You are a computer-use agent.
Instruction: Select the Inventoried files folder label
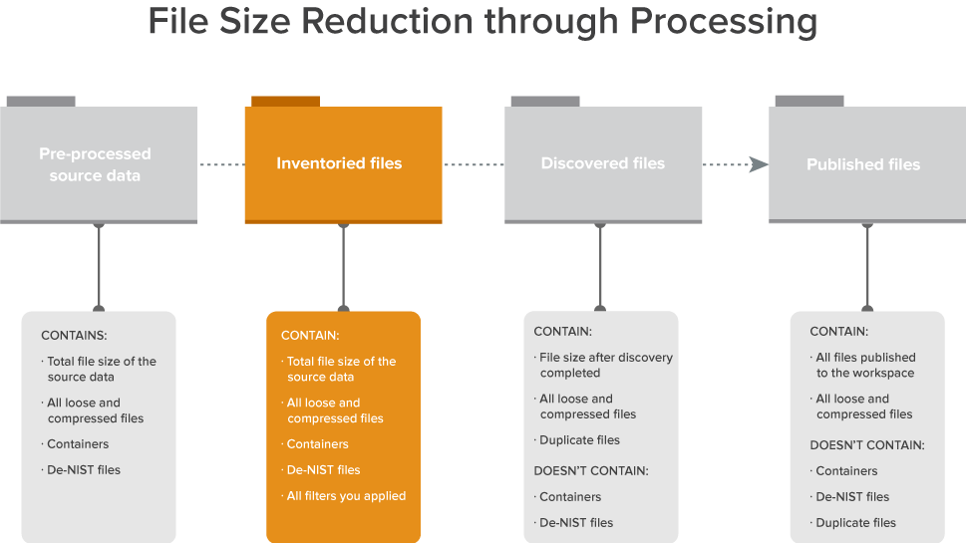(x=339, y=163)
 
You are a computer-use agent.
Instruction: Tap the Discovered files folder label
(x=602, y=163)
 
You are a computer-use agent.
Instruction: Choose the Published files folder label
(x=863, y=164)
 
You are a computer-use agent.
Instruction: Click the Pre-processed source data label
(x=95, y=164)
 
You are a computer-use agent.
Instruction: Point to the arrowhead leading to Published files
(x=759, y=164)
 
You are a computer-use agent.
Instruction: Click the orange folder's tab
(x=285, y=101)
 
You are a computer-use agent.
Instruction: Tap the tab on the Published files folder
(x=808, y=101)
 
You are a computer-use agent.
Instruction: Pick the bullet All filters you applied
(x=346, y=495)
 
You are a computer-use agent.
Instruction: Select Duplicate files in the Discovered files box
(x=579, y=439)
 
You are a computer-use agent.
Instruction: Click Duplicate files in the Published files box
(x=855, y=522)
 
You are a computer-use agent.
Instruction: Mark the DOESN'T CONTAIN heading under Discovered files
(x=591, y=470)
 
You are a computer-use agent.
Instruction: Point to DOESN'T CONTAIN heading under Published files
(x=867, y=444)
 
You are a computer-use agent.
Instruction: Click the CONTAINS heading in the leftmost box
(x=74, y=336)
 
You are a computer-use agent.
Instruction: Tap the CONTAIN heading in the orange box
(x=310, y=336)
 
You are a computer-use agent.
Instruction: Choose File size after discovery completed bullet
(x=605, y=365)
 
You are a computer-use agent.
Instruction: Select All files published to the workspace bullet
(x=864, y=365)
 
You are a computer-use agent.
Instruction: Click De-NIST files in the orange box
(x=323, y=469)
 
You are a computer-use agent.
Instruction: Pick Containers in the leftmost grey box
(x=78, y=443)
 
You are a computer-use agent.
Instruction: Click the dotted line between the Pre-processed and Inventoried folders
(x=220, y=164)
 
